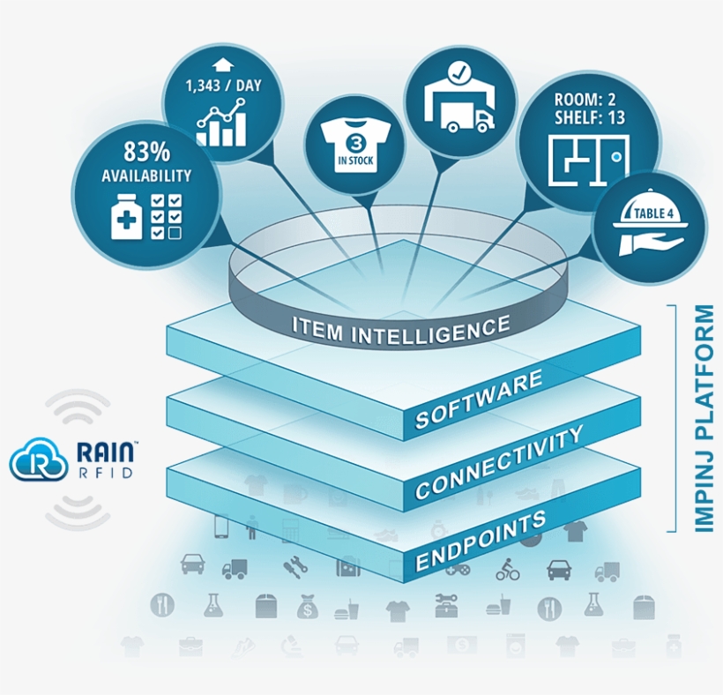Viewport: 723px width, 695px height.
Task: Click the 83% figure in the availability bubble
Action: tap(146, 153)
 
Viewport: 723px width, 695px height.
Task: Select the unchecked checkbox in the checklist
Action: tap(175, 233)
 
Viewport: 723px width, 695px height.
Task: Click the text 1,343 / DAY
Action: tap(223, 86)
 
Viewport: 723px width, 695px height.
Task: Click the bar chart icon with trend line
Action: tap(221, 123)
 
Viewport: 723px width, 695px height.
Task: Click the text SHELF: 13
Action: tap(590, 118)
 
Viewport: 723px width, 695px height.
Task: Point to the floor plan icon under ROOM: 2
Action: tap(588, 161)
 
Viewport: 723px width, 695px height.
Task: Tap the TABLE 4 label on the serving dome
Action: tap(650, 213)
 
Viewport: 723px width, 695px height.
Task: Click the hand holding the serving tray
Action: tap(650, 245)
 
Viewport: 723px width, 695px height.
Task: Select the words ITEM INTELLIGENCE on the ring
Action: tap(401, 330)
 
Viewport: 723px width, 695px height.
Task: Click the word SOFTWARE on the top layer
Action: tap(479, 399)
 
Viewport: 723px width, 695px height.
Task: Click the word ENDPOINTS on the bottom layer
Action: tap(481, 541)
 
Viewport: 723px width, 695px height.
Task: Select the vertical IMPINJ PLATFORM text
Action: tap(704, 418)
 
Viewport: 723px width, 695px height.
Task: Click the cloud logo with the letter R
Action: tap(37, 458)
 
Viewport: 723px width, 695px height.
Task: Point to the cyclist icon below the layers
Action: tap(508, 570)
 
